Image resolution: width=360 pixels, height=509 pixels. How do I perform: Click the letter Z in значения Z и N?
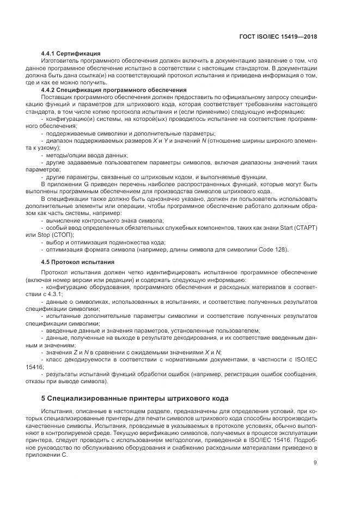tap(74, 351)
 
